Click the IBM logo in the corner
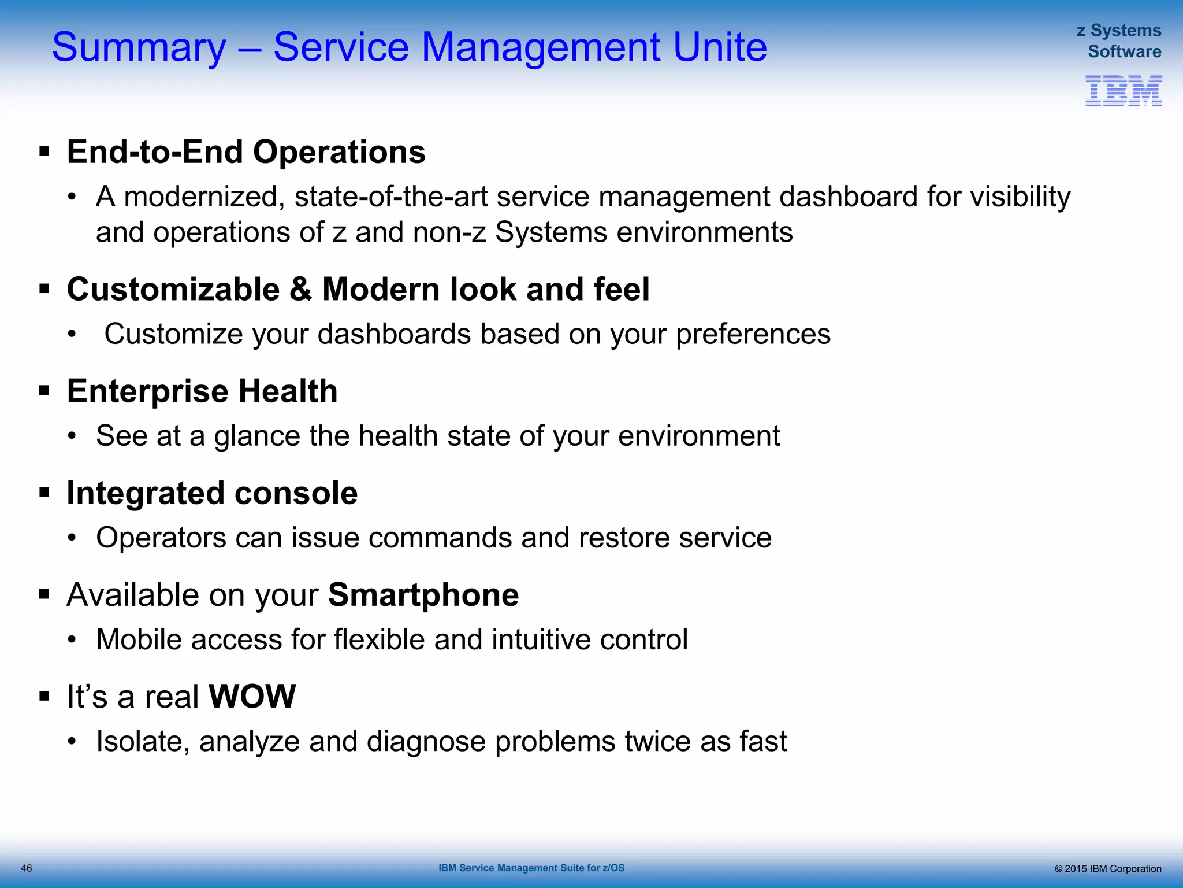coord(1123,91)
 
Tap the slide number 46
coord(27,868)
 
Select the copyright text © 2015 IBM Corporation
coord(1107,868)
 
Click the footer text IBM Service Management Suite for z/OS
coord(531,868)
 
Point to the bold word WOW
coord(252,696)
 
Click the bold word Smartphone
coord(423,595)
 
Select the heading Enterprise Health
coord(202,391)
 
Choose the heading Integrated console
coord(212,493)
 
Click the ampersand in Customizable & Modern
coord(300,289)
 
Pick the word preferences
coord(753,334)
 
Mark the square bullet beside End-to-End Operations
coord(44,152)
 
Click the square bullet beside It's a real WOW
coord(44,696)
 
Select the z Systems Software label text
coord(1119,40)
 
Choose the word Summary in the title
coord(139,47)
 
